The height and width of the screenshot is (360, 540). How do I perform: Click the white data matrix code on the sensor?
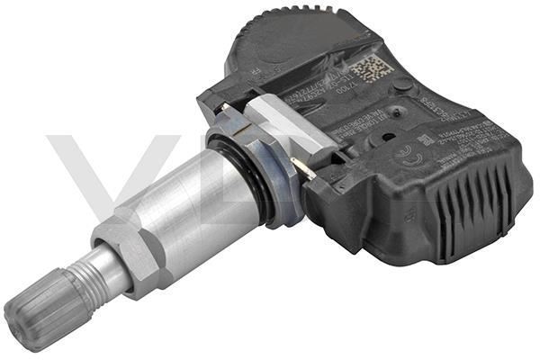371,68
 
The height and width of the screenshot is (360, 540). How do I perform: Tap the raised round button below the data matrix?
404,85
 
